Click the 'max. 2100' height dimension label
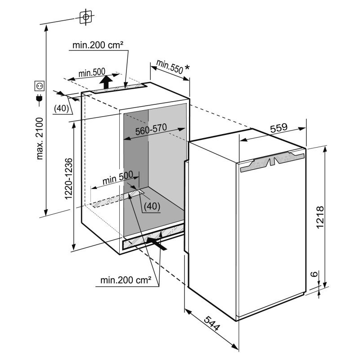click(40, 139)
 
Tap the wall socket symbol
click(39, 86)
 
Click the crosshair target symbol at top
click(85, 17)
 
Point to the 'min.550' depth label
click(170, 67)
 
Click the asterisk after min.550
click(187, 67)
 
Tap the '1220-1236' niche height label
click(69, 179)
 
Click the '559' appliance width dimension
click(279, 128)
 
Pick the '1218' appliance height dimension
click(320, 217)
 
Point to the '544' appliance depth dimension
click(212, 323)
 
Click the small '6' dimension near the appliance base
click(315, 274)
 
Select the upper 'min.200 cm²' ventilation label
click(98, 45)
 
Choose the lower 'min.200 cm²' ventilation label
click(126, 280)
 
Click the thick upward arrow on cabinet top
click(106, 82)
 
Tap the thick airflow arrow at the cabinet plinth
click(156, 244)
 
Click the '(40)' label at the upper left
click(62, 108)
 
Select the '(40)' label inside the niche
click(152, 206)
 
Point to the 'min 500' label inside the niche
click(118, 177)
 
